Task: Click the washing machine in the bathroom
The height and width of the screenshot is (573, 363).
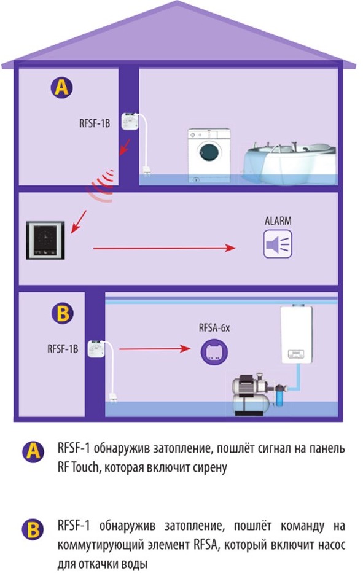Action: [209, 155]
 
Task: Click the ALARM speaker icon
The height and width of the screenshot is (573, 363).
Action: [278, 244]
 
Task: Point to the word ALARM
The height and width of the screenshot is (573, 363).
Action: [278, 220]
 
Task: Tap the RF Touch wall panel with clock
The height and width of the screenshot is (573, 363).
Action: [45, 240]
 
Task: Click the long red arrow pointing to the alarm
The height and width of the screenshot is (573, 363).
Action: [164, 248]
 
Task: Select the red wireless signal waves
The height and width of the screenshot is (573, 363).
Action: [101, 186]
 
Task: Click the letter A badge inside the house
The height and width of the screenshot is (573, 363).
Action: [61, 88]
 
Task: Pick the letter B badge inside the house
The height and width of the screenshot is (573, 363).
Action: [63, 314]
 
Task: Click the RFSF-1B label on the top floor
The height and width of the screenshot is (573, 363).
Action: [95, 123]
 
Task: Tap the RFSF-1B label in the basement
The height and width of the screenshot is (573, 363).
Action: [63, 349]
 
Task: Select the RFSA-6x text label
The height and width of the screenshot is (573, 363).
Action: [214, 328]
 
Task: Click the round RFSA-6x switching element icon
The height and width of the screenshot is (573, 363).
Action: [214, 351]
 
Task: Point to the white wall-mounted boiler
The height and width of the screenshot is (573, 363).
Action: [297, 333]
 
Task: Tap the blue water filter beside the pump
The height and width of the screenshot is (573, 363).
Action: [279, 396]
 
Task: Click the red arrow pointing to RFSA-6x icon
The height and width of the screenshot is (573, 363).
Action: [155, 349]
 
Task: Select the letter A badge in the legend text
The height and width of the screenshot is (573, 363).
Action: [33, 452]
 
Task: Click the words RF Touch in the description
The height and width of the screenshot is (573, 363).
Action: [78, 467]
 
